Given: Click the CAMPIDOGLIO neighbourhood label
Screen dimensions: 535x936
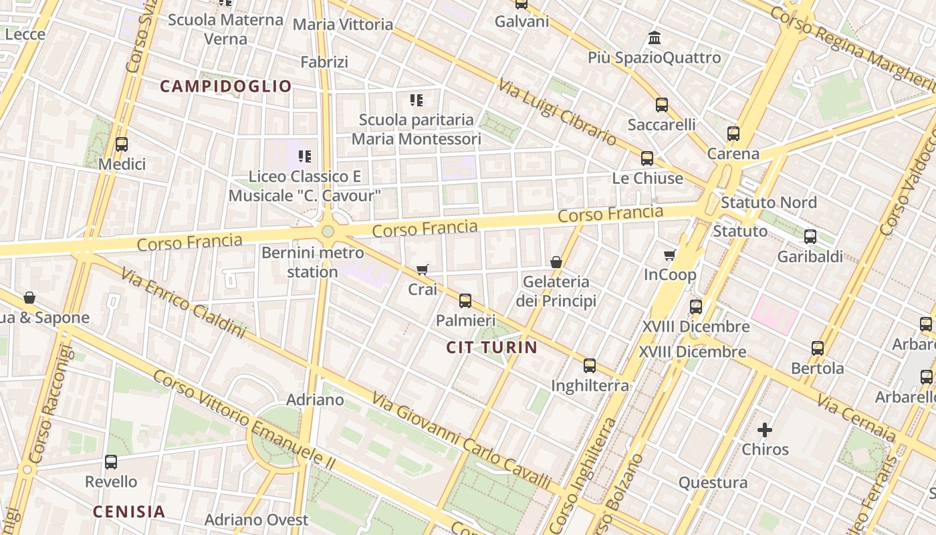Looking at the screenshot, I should pos(226,86).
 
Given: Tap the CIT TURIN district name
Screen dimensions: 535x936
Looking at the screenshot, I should pos(491,347).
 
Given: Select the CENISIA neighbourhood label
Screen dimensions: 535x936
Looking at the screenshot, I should pos(128,512).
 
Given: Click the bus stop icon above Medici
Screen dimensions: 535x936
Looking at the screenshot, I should pos(122,144).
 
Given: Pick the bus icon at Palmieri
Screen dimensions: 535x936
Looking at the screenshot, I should pos(465,301).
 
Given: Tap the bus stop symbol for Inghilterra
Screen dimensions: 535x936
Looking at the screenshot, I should pos(589,366).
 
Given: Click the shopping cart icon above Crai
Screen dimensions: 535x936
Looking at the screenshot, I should pos(422,270).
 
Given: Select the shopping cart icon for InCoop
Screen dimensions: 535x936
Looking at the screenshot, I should pos(669,255).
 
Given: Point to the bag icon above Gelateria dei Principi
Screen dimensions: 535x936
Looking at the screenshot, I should pos(556,262).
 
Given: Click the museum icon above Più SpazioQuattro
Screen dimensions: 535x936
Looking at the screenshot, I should pos(655,37).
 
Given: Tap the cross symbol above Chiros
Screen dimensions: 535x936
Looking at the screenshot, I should pos(765,429).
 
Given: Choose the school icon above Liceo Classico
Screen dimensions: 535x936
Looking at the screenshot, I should pos(305,156).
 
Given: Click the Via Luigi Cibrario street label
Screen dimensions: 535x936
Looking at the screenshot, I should pos(557,112).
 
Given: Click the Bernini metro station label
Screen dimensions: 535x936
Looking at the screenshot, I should pos(313,262).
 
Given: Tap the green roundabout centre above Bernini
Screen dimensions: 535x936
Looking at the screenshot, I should pos(328,231).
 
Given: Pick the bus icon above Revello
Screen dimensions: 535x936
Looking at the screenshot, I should pos(111,461).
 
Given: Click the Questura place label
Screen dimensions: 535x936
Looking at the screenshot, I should pos(713,483).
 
